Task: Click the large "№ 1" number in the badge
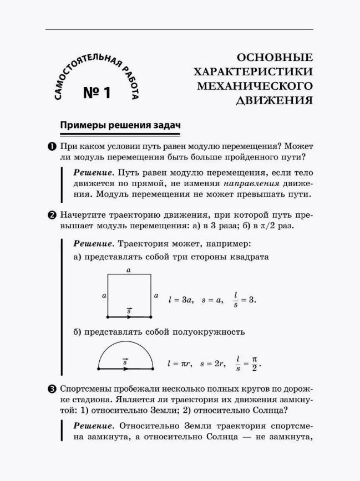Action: [98, 92]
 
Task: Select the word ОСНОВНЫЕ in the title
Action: [275, 58]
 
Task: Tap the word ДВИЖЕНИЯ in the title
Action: [275, 100]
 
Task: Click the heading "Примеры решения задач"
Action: [120, 125]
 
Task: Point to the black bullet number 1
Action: [51, 147]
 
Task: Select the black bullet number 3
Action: [51, 390]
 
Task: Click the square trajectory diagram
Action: [129, 295]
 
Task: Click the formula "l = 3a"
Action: [180, 300]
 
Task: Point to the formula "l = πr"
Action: [179, 364]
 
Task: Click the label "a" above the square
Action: [129, 270]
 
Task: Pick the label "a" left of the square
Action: [104, 296]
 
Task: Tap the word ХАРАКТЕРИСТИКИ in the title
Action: [253, 72]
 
